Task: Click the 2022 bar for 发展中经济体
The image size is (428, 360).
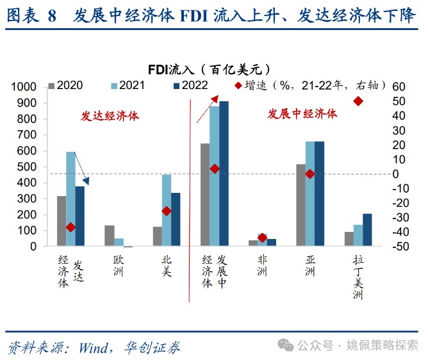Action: [x=224, y=174]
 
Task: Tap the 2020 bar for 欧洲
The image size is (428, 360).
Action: [x=110, y=236]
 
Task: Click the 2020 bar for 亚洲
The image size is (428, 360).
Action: [x=300, y=205]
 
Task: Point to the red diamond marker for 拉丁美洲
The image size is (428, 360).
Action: [x=358, y=101]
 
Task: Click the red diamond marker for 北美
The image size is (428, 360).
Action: [x=167, y=211]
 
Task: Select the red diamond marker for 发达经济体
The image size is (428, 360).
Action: [x=70, y=227]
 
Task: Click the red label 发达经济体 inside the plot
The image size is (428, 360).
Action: [x=110, y=117]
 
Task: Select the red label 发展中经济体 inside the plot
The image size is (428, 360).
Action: [x=302, y=113]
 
